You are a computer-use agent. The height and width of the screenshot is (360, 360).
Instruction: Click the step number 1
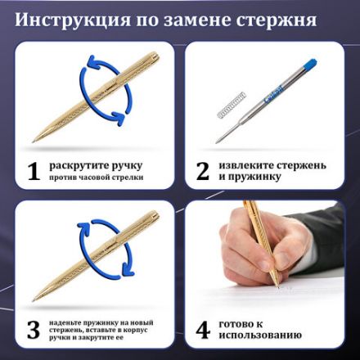34,171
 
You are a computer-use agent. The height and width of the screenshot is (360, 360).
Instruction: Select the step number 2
202,171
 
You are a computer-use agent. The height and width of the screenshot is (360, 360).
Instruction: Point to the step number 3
34,330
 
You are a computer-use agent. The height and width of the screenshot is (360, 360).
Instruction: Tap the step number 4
202,330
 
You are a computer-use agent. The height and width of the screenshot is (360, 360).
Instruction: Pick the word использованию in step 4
261,335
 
